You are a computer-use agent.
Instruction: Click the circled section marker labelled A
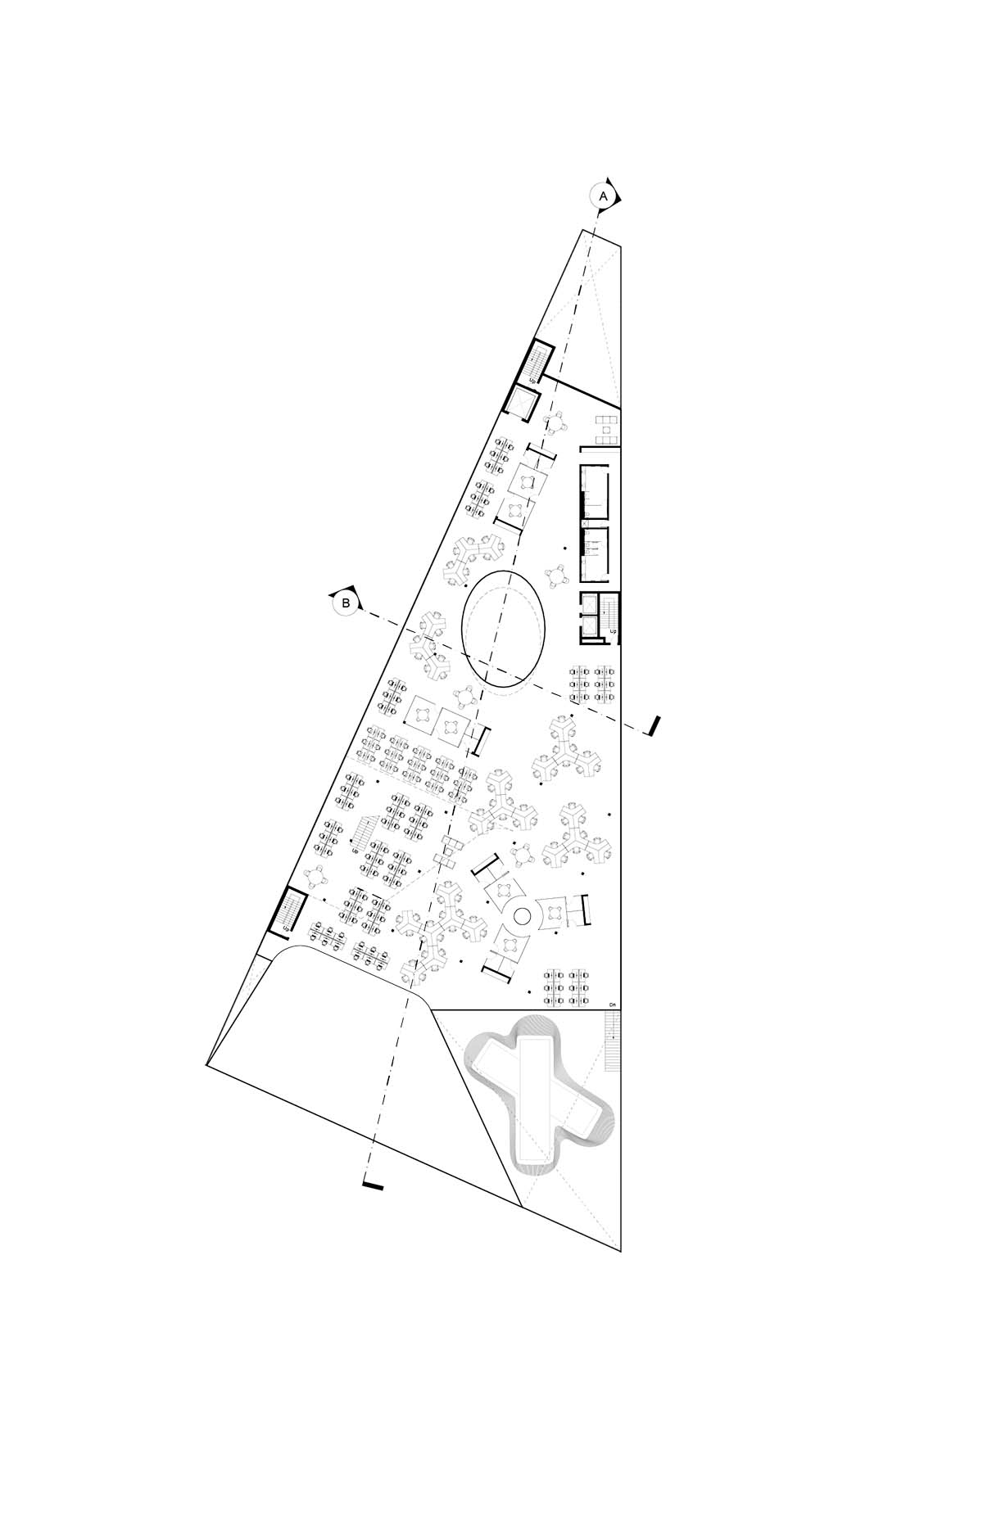[603, 196]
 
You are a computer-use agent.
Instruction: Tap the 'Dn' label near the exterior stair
[611, 1005]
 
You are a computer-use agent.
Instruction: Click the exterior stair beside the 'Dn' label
[613, 1041]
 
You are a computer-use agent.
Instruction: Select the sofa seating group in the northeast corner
[606, 430]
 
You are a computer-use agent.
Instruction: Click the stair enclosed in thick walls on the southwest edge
[288, 911]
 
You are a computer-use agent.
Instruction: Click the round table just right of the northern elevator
[557, 423]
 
